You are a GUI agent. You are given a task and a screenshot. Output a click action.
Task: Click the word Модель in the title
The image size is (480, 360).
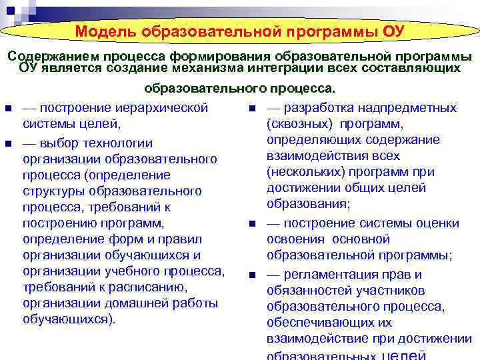tap(107, 31)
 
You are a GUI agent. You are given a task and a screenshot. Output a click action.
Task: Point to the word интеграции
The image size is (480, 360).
tap(288, 68)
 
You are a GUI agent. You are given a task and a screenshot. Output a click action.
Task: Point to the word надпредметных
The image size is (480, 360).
tap(412, 108)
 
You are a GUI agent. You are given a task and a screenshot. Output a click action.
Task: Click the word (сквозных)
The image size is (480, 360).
tap(301, 124)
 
